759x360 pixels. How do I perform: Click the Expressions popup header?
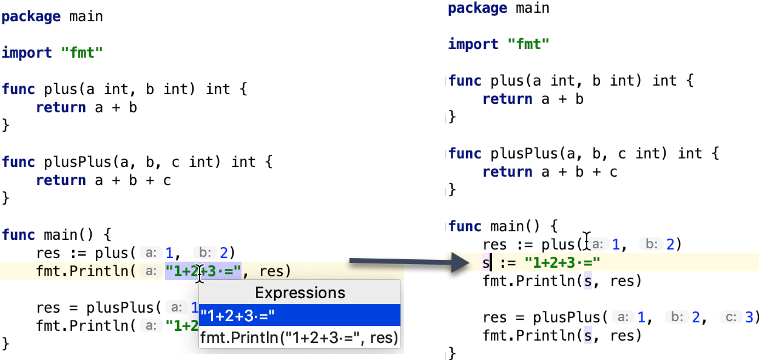[x=300, y=293]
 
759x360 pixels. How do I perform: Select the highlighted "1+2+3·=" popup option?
[x=238, y=316]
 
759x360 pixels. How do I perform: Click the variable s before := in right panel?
[x=485, y=263]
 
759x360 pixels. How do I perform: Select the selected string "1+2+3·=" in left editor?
[x=203, y=270]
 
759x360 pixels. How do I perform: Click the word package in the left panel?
[x=31, y=16]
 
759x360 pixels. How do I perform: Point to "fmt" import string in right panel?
[x=528, y=44]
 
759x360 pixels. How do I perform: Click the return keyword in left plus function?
[x=61, y=107]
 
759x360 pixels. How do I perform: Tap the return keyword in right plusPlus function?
[x=507, y=172]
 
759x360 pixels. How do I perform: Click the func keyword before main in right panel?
[x=465, y=226]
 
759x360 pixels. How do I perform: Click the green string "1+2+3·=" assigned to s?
[x=562, y=263]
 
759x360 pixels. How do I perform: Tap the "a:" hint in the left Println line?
[x=149, y=271]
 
